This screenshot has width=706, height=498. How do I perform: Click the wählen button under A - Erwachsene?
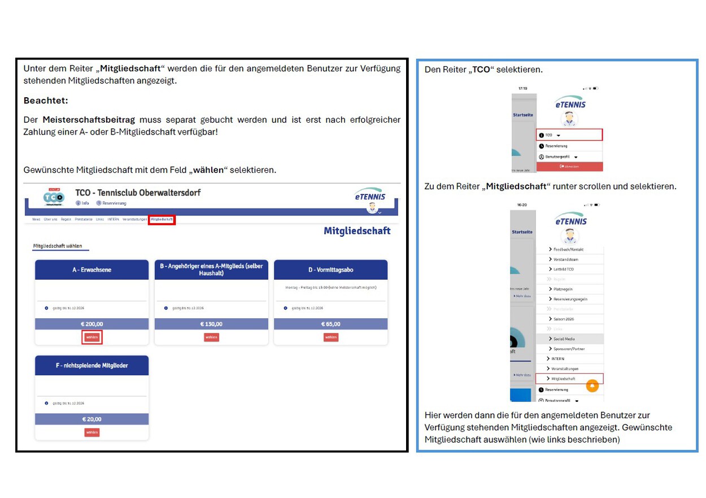pyautogui.click(x=92, y=337)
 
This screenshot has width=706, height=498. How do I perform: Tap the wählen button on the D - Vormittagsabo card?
pyautogui.click(x=331, y=337)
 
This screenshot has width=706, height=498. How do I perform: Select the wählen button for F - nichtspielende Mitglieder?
pyautogui.click(x=92, y=432)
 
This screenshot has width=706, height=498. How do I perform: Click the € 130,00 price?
pyautogui.click(x=211, y=324)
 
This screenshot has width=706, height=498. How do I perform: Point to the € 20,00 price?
pyautogui.click(x=92, y=419)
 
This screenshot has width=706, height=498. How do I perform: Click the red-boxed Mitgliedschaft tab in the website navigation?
pyautogui.click(x=162, y=219)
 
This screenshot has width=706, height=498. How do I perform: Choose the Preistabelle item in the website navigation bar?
pyautogui.click(x=84, y=219)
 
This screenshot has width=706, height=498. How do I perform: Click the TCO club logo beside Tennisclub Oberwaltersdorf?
pyautogui.click(x=54, y=197)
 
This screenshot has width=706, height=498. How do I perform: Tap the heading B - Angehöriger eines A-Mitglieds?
pyautogui.click(x=211, y=270)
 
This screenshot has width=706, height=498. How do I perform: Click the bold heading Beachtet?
pyautogui.click(x=46, y=101)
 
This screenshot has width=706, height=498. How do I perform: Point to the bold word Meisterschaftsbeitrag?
pyautogui.click(x=89, y=120)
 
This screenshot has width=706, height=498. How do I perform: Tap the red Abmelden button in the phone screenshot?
pyautogui.click(x=569, y=166)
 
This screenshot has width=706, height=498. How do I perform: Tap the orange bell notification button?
pyautogui.click(x=592, y=386)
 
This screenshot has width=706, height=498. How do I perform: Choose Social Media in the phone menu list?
pyautogui.click(x=565, y=339)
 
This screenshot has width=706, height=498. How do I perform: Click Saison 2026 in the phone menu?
pyautogui.click(x=564, y=319)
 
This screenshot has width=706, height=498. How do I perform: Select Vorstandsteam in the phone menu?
pyautogui.click(x=565, y=259)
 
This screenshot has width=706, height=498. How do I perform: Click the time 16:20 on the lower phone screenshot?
pyautogui.click(x=522, y=205)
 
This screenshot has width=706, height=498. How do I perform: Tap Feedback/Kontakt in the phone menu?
pyautogui.click(x=568, y=249)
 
